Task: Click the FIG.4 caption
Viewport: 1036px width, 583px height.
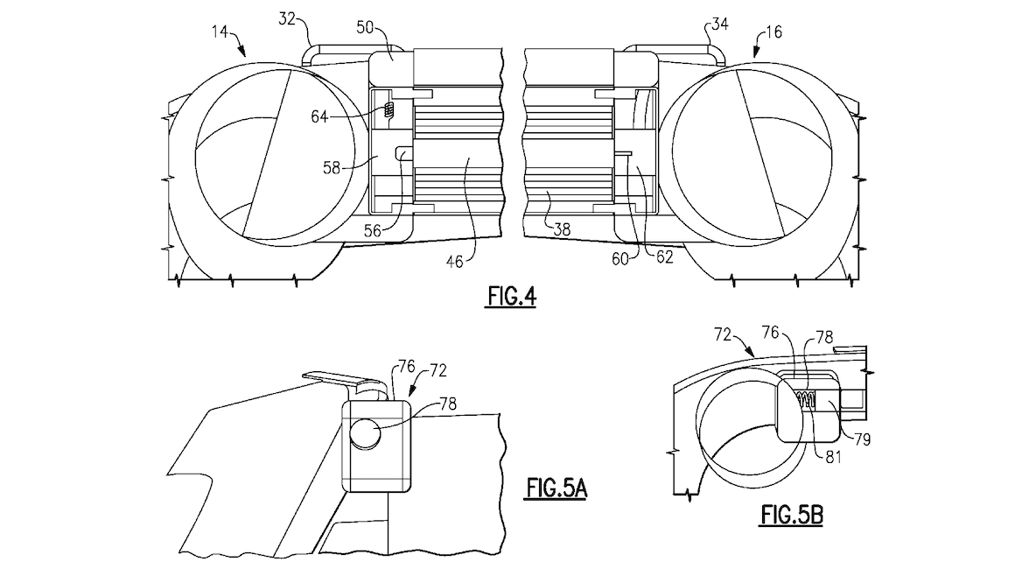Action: (x=512, y=297)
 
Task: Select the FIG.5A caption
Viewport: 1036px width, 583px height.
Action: (x=556, y=488)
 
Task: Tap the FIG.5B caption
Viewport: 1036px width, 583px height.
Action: (x=792, y=514)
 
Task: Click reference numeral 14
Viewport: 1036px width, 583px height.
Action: (x=220, y=31)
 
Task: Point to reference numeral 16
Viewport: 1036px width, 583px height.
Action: (x=773, y=32)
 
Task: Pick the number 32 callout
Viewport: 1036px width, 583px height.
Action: (x=287, y=19)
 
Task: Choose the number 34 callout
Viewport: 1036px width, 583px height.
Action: (x=719, y=24)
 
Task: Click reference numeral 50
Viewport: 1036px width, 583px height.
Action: (x=365, y=28)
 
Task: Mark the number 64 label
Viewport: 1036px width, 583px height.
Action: (x=319, y=117)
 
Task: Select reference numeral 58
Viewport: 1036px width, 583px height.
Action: (x=332, y=168)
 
